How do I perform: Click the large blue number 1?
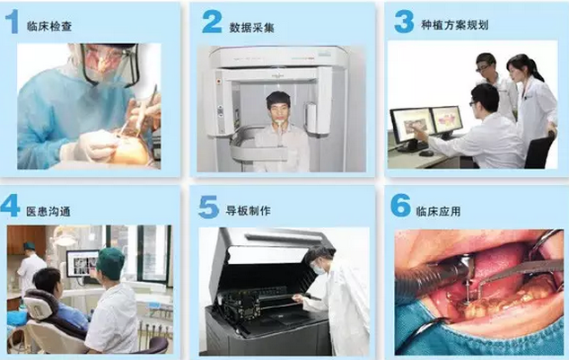13,22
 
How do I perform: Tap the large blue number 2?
212,22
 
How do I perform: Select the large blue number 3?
404,22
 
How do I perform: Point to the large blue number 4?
10,205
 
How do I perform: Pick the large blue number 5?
208,206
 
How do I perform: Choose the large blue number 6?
400,206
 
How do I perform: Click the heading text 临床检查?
49,26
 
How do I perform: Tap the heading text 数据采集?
251,28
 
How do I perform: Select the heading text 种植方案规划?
455,24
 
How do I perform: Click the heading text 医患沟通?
48,211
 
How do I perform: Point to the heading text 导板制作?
249,210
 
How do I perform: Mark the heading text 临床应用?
438,211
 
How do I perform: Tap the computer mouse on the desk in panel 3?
426,154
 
